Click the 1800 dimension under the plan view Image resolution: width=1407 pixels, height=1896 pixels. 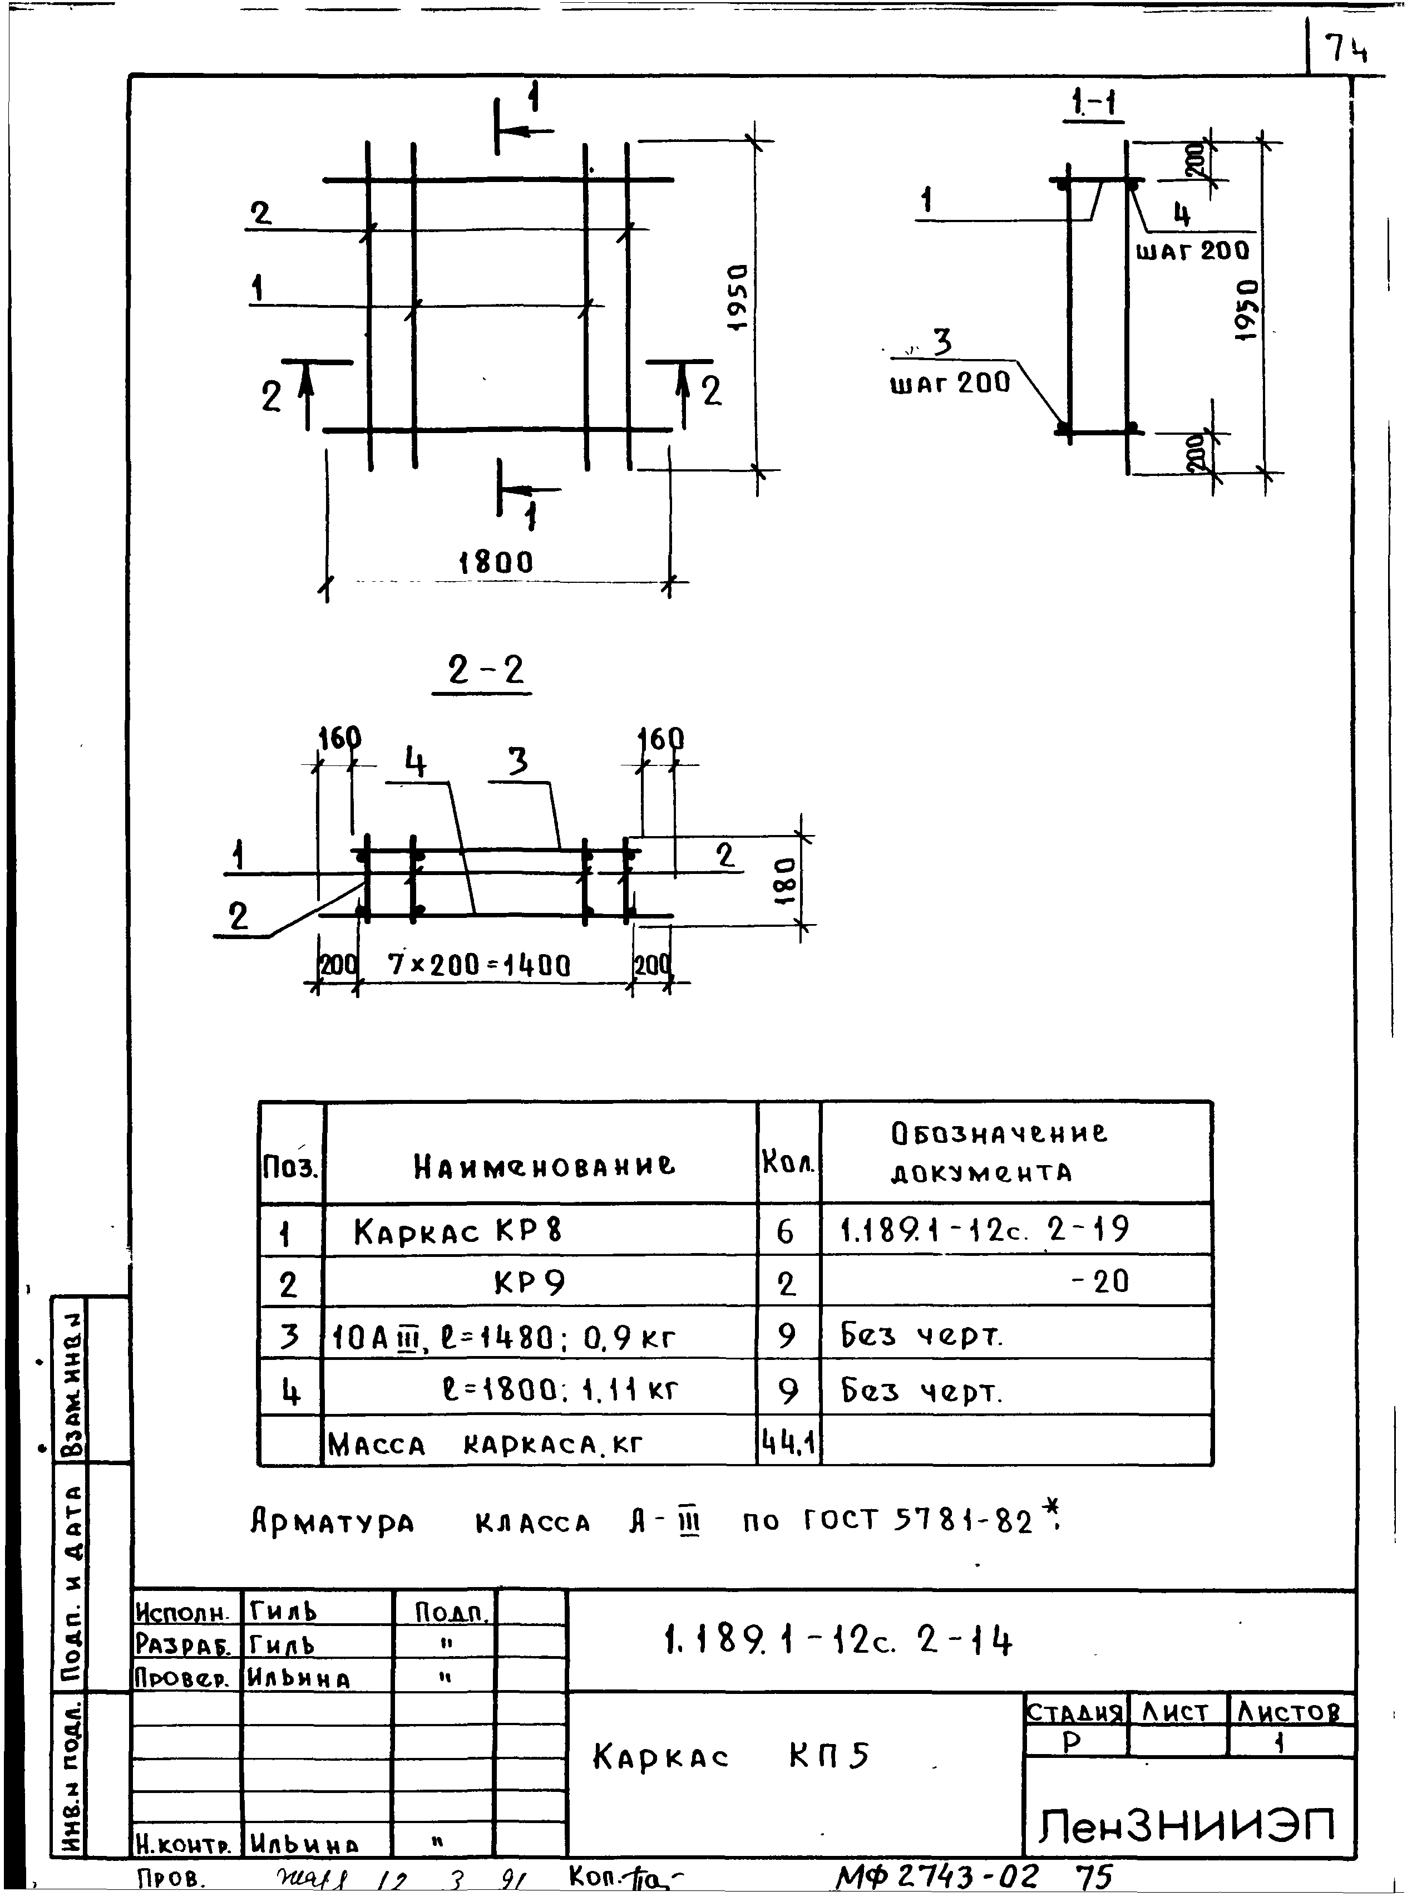click(496, 562)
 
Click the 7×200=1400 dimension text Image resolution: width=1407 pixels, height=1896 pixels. click(478, 965)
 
